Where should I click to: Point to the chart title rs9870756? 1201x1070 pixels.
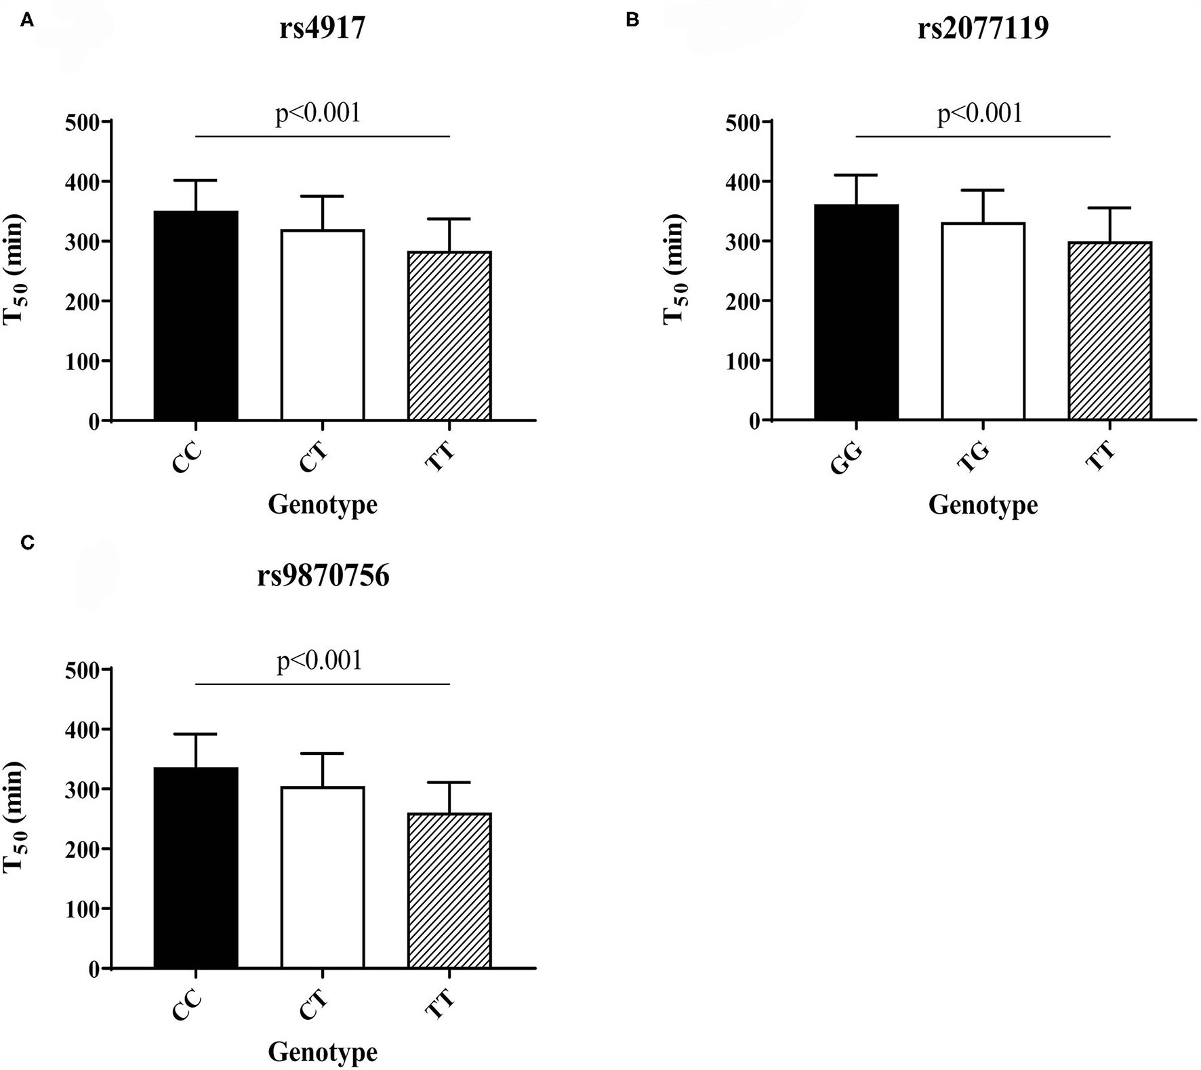tap(323, 577)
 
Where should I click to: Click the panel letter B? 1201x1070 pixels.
tap(632, 20)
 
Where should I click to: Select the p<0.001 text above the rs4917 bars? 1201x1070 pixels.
tap(318, 113)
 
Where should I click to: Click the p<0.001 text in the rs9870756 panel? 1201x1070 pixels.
tap(319, 660)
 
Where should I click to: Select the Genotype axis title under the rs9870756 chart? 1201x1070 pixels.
tap(323, 1052)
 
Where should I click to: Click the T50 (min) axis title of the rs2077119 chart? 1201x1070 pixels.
tap(676, 270)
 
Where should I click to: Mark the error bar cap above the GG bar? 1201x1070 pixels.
tap(856, 176)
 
